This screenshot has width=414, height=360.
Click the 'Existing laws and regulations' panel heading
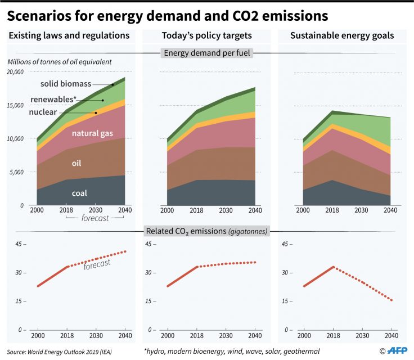[69, 36]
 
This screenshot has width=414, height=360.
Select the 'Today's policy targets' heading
[206, 36]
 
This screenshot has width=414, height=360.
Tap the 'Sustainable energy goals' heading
[342, 36]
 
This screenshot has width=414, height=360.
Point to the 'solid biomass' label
[65, 84]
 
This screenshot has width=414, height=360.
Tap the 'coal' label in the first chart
[79, 193]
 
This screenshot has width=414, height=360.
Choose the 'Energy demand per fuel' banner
[207, 53]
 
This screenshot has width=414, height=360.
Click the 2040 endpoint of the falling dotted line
[391, 300]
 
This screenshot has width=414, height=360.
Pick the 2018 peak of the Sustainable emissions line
[334, 267]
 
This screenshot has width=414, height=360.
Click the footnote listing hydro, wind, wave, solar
[232, 351]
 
